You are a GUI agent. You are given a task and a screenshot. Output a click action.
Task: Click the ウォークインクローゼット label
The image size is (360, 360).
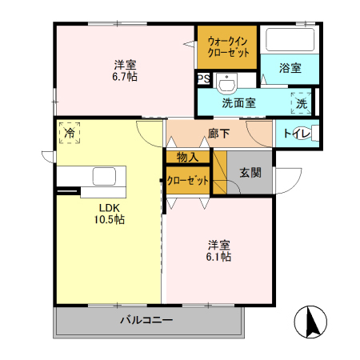click(229, 46)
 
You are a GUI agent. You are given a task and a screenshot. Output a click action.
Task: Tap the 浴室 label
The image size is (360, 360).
click(290, 69)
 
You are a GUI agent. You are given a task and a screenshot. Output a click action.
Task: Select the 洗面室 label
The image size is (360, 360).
click(238, 102)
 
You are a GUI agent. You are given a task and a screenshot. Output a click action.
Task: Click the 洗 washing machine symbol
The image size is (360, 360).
click(302, 102)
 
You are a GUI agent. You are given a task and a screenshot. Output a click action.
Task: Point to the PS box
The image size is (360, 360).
click(202, 79)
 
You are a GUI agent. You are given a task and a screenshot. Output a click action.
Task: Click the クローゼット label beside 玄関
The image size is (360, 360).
click(189, 181)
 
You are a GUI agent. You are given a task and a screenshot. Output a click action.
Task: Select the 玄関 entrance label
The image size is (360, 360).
click(249, 173)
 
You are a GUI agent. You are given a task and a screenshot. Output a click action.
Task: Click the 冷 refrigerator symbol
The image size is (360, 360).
click(70, 132)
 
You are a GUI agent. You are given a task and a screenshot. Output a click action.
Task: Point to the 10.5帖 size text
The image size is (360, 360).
click(107, 218)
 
